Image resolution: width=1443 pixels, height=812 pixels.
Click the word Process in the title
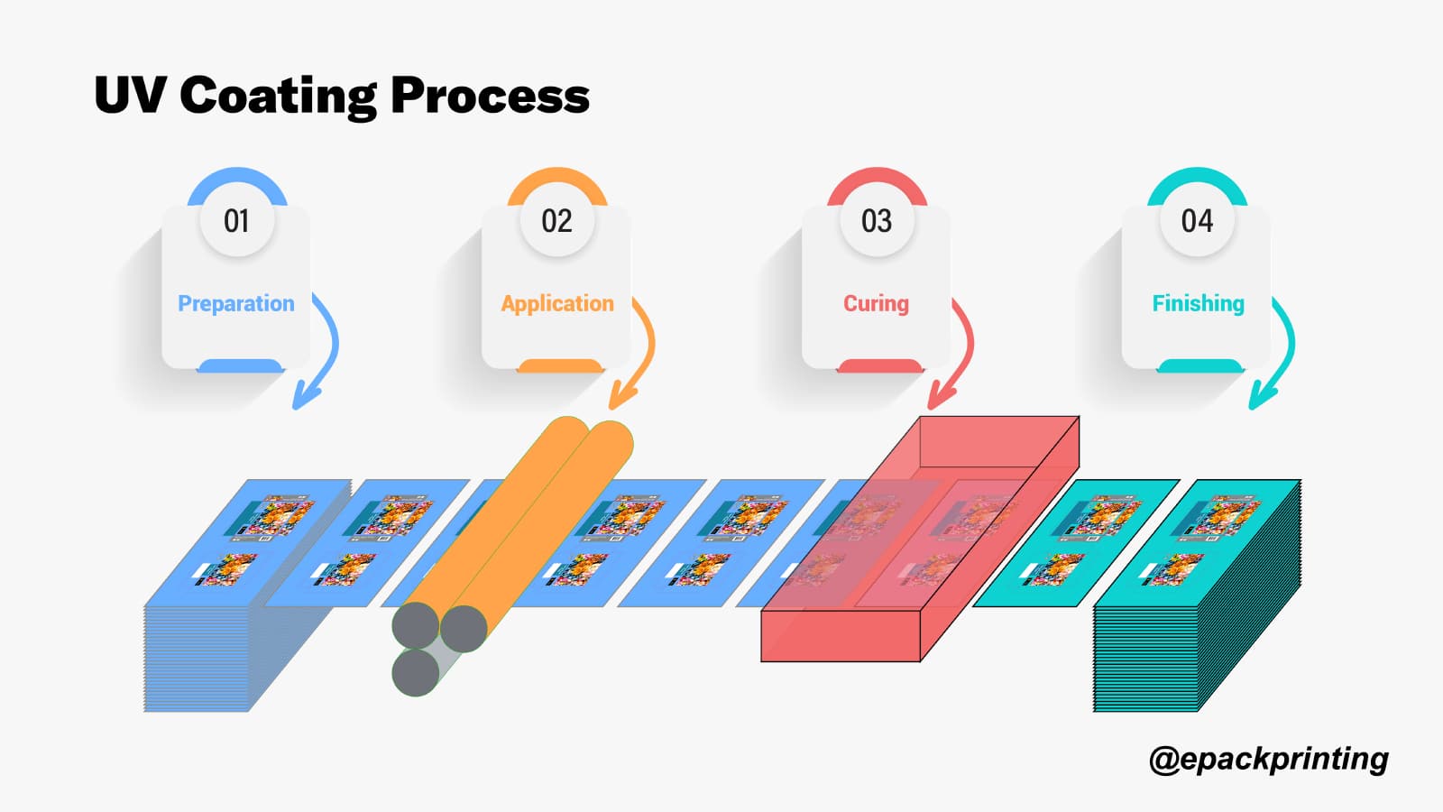[490, 96]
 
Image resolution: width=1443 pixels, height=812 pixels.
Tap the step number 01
[236, 221]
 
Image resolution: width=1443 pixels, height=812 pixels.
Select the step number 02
[556, 221]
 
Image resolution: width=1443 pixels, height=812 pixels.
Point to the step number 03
[877, 221]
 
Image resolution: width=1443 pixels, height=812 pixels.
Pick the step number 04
[1197, 221]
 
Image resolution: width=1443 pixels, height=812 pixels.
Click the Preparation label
[236, 304]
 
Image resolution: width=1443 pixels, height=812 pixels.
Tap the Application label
[557, 304]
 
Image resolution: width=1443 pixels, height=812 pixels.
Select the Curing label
[876, 304]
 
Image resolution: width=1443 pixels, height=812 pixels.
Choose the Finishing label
[1198, 304]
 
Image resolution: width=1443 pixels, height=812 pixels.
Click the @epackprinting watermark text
[1268, 759]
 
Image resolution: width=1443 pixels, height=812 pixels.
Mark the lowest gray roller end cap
[416, 672]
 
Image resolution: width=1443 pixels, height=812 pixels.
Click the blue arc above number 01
[237, 178]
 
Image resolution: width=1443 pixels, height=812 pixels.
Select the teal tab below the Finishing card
[1199, 365]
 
